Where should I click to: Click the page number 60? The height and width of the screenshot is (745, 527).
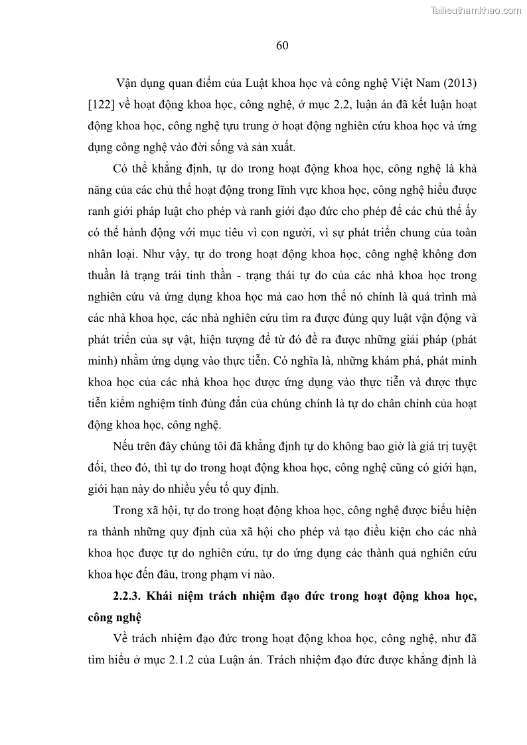coord(281,45)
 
